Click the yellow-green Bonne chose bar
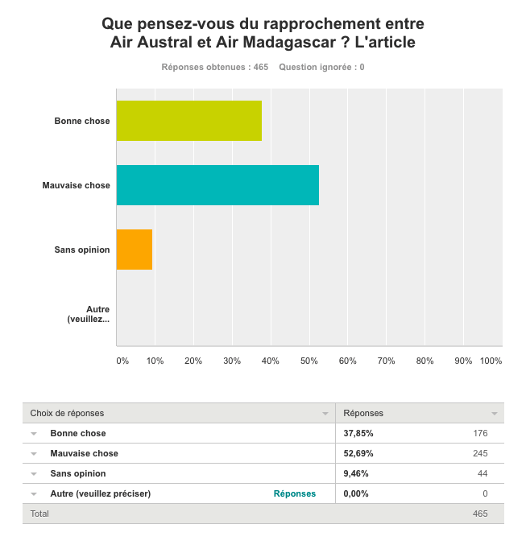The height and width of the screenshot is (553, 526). click(189, 121)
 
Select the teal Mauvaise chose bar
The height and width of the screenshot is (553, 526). click(217, 185)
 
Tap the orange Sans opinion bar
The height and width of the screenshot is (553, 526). click(135, 250)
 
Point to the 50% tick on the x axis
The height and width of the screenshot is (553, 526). click(309, 361)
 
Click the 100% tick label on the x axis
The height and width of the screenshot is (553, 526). click(491, 361)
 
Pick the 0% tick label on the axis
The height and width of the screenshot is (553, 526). click(122, 361)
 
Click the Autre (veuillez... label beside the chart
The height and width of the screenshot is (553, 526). click(89, 314)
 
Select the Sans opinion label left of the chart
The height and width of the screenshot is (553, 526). click(82, 250)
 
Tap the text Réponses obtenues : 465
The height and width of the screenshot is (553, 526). click(214, 67)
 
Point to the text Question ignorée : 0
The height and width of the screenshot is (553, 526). click(321, 67)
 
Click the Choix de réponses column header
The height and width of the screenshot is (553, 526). click(67, 413)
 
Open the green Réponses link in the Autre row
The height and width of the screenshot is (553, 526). click(295, 493)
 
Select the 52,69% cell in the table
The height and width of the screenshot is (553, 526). click(358, 453)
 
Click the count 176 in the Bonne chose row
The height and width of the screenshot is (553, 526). click(480, 433)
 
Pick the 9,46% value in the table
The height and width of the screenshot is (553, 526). click(356, 473)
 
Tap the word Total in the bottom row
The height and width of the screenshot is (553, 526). click(39, 514)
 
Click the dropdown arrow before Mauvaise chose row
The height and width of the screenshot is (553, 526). click(34, 454)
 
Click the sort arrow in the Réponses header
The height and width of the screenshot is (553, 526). click(495, 414)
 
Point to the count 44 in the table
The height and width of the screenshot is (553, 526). click(483, 473)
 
